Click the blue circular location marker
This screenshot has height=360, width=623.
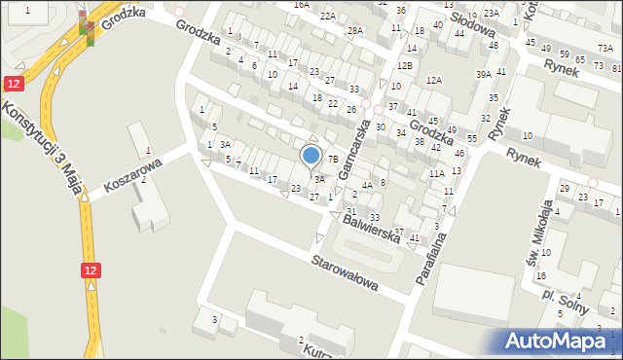(x=311, y=156)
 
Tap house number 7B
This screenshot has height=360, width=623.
(x=332, y=160)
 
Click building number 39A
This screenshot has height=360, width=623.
(x=483, y=75)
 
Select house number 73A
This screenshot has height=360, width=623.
(x=605, y=48)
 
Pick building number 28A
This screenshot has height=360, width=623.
(x=355, y=31)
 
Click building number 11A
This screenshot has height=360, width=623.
(x=436, y=173)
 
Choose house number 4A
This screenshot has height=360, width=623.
(x=366, y=185)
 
